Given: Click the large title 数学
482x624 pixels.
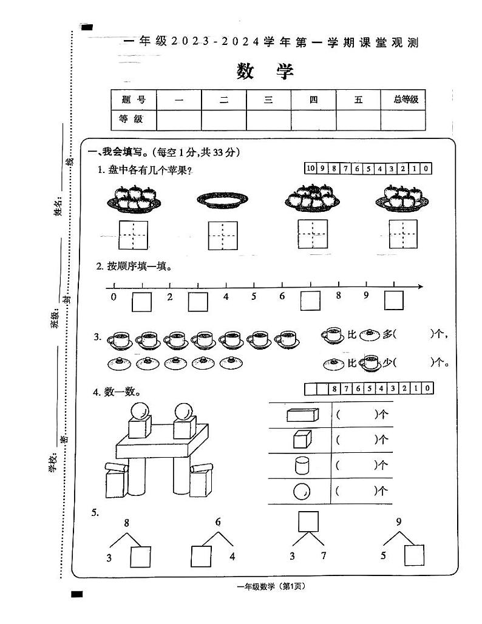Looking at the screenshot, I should [x=265, y=71].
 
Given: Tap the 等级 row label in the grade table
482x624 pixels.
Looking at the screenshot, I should [x=133, y=120].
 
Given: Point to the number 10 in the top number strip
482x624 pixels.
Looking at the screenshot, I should [x=311, y=169].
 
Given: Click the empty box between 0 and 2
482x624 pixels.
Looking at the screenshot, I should [x=141, y=301].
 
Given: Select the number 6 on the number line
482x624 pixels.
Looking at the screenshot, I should [x=282, y=297].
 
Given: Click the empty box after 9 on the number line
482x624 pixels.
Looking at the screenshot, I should [x=393, y=301].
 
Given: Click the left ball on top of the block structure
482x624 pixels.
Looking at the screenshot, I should [x=139, y=411].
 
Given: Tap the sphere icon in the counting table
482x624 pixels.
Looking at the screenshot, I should [x=301, y=491].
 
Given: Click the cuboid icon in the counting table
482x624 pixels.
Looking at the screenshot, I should [x=302, y=415].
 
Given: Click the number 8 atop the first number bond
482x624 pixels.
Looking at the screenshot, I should [x=126, y=523].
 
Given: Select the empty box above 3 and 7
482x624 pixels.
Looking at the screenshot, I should [x=308, y=521].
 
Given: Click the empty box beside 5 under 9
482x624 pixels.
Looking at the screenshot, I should [x=415, y=555].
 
